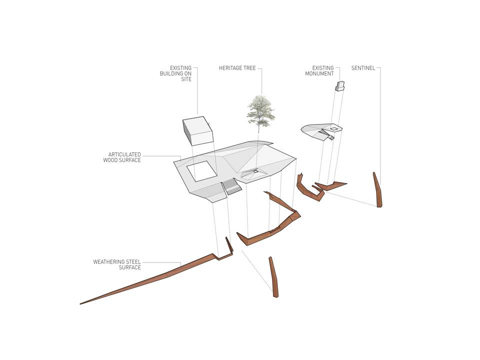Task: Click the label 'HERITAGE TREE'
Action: pyautogui.click(x=237, y=68)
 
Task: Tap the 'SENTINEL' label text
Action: pyautogui.click(x=363, y=68)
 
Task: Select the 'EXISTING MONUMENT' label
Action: pyautogui.click(x=319, y=70)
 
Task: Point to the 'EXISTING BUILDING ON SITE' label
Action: pyautogui.click(x=175, y=73)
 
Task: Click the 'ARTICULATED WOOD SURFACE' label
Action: pyautogui.click(x=122, y=157)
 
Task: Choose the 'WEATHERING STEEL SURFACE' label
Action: pyautogui.click(x=117, y=265)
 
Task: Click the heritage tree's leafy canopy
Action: pyautogui.click(x=261, y=111)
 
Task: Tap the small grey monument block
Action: pyautogui.click(x=340, y=85)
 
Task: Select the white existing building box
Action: pyautogui.click(x=198, y=130)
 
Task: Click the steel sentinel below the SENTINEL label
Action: pyautogui.click(x=378, y=190)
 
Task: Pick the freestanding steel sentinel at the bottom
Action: pyautogui.click(x=273, y=277)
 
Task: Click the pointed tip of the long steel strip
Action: pyautogui.click(x=80, y=303)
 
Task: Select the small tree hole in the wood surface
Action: pyautogui.click(x=255, y=171)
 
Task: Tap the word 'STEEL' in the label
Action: pyautogui.click(x=133, y=262)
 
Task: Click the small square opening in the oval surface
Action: pyautogui.click(x=334, y=129)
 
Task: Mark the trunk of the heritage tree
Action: pyautogui.click(x=259, y=128)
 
